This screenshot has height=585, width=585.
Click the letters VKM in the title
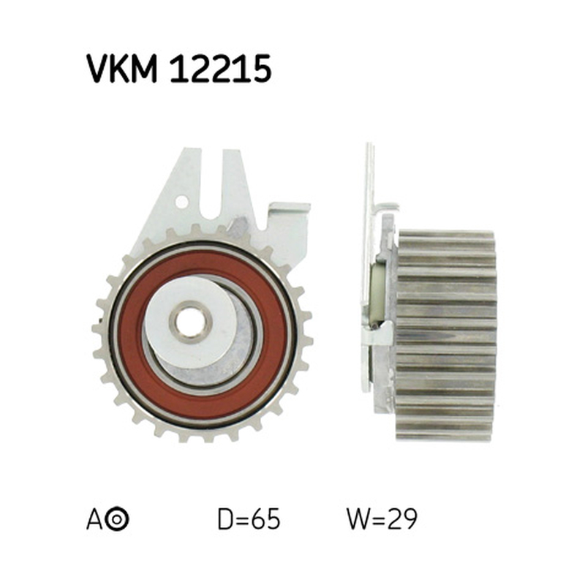[122, 69]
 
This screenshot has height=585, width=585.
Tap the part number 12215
[221, 69]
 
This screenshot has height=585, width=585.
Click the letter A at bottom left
[94, 518]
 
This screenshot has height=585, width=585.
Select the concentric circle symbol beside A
[117, 518]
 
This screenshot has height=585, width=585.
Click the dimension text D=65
[249, 518]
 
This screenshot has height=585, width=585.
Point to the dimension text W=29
[382, 518]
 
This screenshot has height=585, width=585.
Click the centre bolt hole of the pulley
[190, 322]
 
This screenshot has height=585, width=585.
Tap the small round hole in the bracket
[181, 202]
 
